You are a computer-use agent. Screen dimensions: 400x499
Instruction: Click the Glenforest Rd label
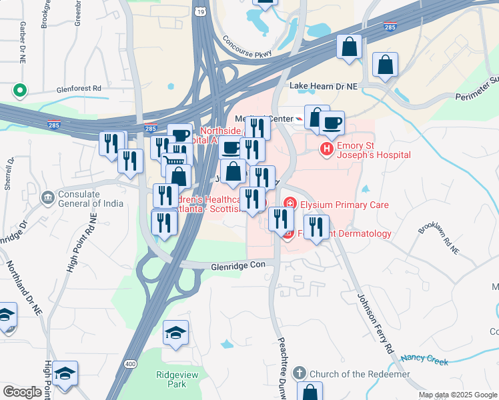click(x=79, y=87)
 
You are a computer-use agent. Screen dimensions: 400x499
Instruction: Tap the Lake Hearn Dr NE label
click(x=323, y=86)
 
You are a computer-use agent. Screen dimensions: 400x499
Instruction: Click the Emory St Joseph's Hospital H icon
click(x=327, y=149)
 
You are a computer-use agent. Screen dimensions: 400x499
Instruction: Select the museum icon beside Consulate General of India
click(x=47, y=197)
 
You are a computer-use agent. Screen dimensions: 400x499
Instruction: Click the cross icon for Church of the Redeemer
click(x=300, y=374)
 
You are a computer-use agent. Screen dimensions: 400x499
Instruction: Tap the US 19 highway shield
click(x=201, y=12)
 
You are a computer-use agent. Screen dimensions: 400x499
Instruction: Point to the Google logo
click(x=23, y=392)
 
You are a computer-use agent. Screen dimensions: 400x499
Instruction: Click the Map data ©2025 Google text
click(x=457, y=395)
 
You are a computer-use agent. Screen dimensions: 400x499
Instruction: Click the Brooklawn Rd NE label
click(x=440, y=237)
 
